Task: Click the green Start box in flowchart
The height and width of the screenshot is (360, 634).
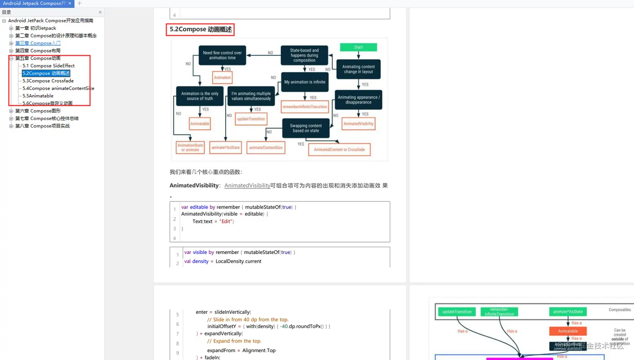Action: tap(358, 47)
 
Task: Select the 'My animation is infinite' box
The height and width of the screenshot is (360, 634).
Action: tap(304, 82)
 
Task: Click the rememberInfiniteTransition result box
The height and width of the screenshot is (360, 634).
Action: tap(304, 107)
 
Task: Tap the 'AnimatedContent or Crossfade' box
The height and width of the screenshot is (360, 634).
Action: tap(339, 149)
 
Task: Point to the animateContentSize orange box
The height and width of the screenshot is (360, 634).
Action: tap(265, 147)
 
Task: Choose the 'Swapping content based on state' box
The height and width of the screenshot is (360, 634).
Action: tap(306, 128)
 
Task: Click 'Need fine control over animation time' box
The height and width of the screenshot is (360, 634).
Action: tap(222, 55)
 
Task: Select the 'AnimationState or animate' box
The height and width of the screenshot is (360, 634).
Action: tap(190, 147)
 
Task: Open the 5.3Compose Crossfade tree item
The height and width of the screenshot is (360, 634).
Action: tap(48, 81)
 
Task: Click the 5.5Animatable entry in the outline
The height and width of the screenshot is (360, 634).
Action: tap(38, 96)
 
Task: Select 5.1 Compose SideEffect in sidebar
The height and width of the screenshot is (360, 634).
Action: tap(48, 65)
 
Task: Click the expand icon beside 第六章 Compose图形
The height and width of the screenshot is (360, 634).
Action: tap(11, 111)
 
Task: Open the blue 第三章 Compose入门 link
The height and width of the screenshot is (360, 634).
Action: tap(38, 43)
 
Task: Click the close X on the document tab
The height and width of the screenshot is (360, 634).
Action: tap(70, 3)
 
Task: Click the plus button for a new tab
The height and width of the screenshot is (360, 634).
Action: tap(79, 3)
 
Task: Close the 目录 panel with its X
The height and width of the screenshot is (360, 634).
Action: tap(100, 12)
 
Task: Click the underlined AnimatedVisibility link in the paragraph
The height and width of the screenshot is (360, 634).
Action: tap(247, 185)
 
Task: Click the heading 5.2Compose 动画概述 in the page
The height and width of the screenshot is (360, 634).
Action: tap(200, 29)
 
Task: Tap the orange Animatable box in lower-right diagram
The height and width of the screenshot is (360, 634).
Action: tap(568, 331)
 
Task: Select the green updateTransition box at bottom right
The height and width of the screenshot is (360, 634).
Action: tap(457, 312)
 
